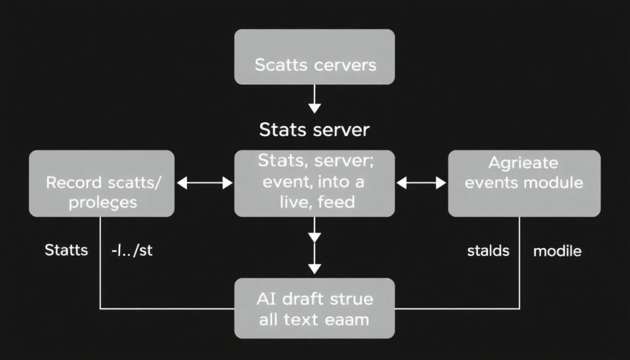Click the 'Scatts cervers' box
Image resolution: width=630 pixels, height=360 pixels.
(314, 57)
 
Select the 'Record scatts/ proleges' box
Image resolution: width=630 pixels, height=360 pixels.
(102, 183)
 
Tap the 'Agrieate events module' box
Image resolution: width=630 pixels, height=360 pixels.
(524, 183)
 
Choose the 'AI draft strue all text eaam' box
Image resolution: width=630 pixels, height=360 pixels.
(314, 308)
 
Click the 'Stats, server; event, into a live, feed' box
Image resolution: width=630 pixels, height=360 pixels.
(314, 183)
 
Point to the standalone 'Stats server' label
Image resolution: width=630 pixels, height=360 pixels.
(314, 130)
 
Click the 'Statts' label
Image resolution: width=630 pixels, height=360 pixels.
(66, 250)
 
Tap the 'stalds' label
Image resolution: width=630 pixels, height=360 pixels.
(487, 251)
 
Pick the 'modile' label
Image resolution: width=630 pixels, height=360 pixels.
(557, 251)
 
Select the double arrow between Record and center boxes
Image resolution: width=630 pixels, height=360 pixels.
(204, 183)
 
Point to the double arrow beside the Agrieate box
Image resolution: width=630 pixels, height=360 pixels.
(422, 183)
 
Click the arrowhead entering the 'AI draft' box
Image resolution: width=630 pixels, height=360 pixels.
(314, 268)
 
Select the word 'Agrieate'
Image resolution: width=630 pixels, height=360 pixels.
(523, 164)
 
